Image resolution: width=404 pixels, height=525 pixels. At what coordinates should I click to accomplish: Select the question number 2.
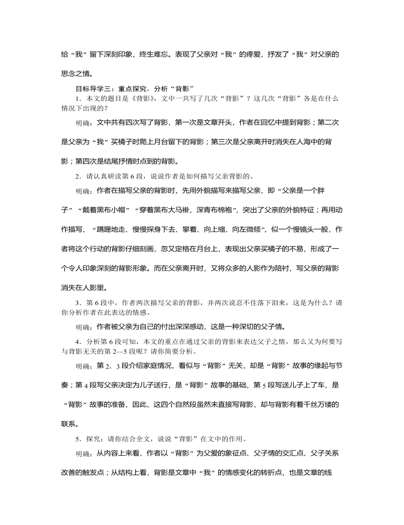tap(78, 176)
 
